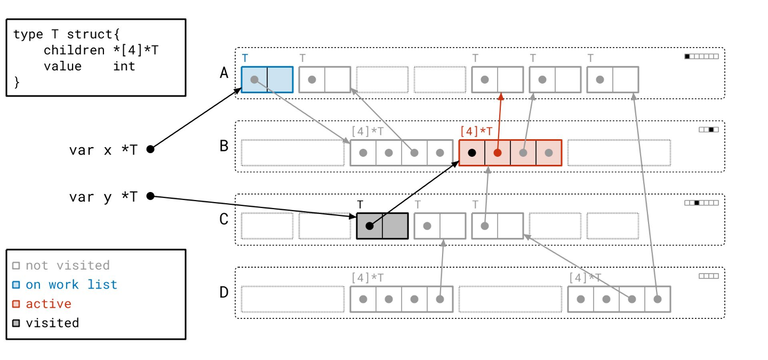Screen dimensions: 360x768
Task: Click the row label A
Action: pos(225,73)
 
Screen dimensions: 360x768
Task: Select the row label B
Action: pos(225,146)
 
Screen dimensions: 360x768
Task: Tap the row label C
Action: pos(225,219)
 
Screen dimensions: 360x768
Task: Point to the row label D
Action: pos(225,292)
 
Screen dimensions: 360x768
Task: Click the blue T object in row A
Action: pos(267,79)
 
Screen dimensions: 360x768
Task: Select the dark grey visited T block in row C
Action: pos(382,226)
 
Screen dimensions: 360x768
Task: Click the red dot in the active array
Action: pos(498,153)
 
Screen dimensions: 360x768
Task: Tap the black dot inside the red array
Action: pos(472,153)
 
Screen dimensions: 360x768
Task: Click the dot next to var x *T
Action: pos(150,149)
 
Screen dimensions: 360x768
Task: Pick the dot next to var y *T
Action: pos(150,196)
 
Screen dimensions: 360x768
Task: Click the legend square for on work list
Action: pos(17,285)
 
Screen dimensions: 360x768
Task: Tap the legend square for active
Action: pos(17,304)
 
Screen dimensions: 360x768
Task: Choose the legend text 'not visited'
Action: pos(68,266)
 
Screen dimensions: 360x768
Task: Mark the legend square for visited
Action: pos(17,323)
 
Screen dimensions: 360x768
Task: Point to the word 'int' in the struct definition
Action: pos(124,66)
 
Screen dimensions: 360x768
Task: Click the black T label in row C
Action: pos(360,204)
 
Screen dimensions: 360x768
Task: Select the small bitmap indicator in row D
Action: pos(709,276)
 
